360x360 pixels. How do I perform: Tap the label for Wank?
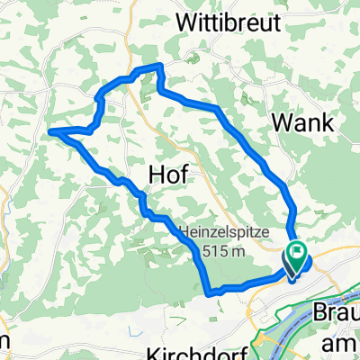(302, 121)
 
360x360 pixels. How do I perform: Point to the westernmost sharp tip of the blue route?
(50, 131)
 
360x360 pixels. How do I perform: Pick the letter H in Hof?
(154, 175)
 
